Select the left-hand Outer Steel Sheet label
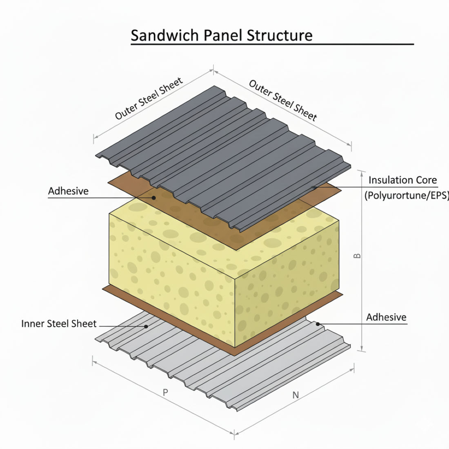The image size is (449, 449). tap(149, 99)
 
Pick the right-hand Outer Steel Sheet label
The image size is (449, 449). tap(283, 100)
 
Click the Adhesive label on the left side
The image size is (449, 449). tap(68, 191)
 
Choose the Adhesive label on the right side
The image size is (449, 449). tap(386, 317)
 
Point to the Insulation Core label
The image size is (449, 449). tap(402, 180)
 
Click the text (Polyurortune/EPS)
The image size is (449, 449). tap(407, 196)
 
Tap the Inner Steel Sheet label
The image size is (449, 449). tap(59, 324)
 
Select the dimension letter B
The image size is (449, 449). tap(358, 256)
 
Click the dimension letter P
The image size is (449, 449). tap(165, 393)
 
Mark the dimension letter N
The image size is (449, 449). tap(296, 395)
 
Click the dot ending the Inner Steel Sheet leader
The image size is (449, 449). tap(146, 326)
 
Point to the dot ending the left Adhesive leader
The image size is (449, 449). tap(154, 198)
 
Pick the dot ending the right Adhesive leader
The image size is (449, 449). tap(318, 324)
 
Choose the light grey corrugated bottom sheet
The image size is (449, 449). tap(261, 367)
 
